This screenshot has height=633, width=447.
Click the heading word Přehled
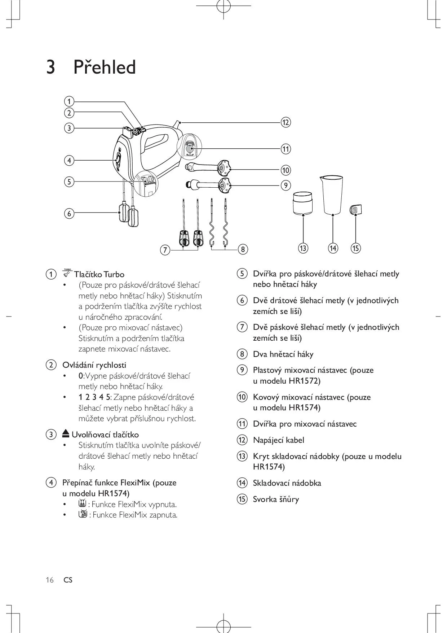105,67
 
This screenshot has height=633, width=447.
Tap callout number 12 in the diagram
286,122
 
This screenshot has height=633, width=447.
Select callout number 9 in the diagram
286,185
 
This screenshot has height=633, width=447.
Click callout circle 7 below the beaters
165,249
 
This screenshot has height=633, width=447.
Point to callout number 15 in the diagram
355,248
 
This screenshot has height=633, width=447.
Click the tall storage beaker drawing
332,195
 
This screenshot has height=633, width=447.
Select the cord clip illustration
356,210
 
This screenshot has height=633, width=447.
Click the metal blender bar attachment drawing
209,167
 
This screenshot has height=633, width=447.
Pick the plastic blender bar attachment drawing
209,185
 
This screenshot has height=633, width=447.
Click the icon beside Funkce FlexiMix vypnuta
82,504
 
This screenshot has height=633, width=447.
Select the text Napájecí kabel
278,440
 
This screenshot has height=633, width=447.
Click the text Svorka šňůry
276,499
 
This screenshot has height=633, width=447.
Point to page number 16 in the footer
49,580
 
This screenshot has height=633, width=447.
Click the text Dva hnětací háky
283,354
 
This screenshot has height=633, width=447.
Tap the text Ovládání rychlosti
94,365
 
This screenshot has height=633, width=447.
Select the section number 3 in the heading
51,67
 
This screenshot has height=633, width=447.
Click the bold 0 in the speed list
81,376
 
